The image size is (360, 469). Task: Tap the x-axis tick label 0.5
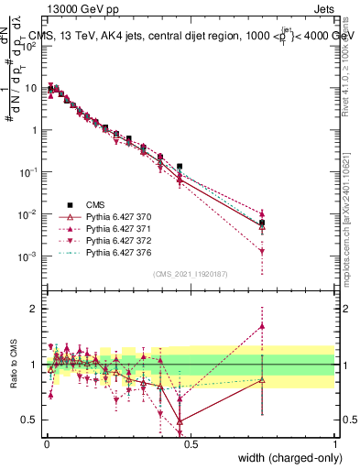(191, 444)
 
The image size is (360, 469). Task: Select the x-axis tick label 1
(335, 444)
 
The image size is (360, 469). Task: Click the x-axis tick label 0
(46, 444)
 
